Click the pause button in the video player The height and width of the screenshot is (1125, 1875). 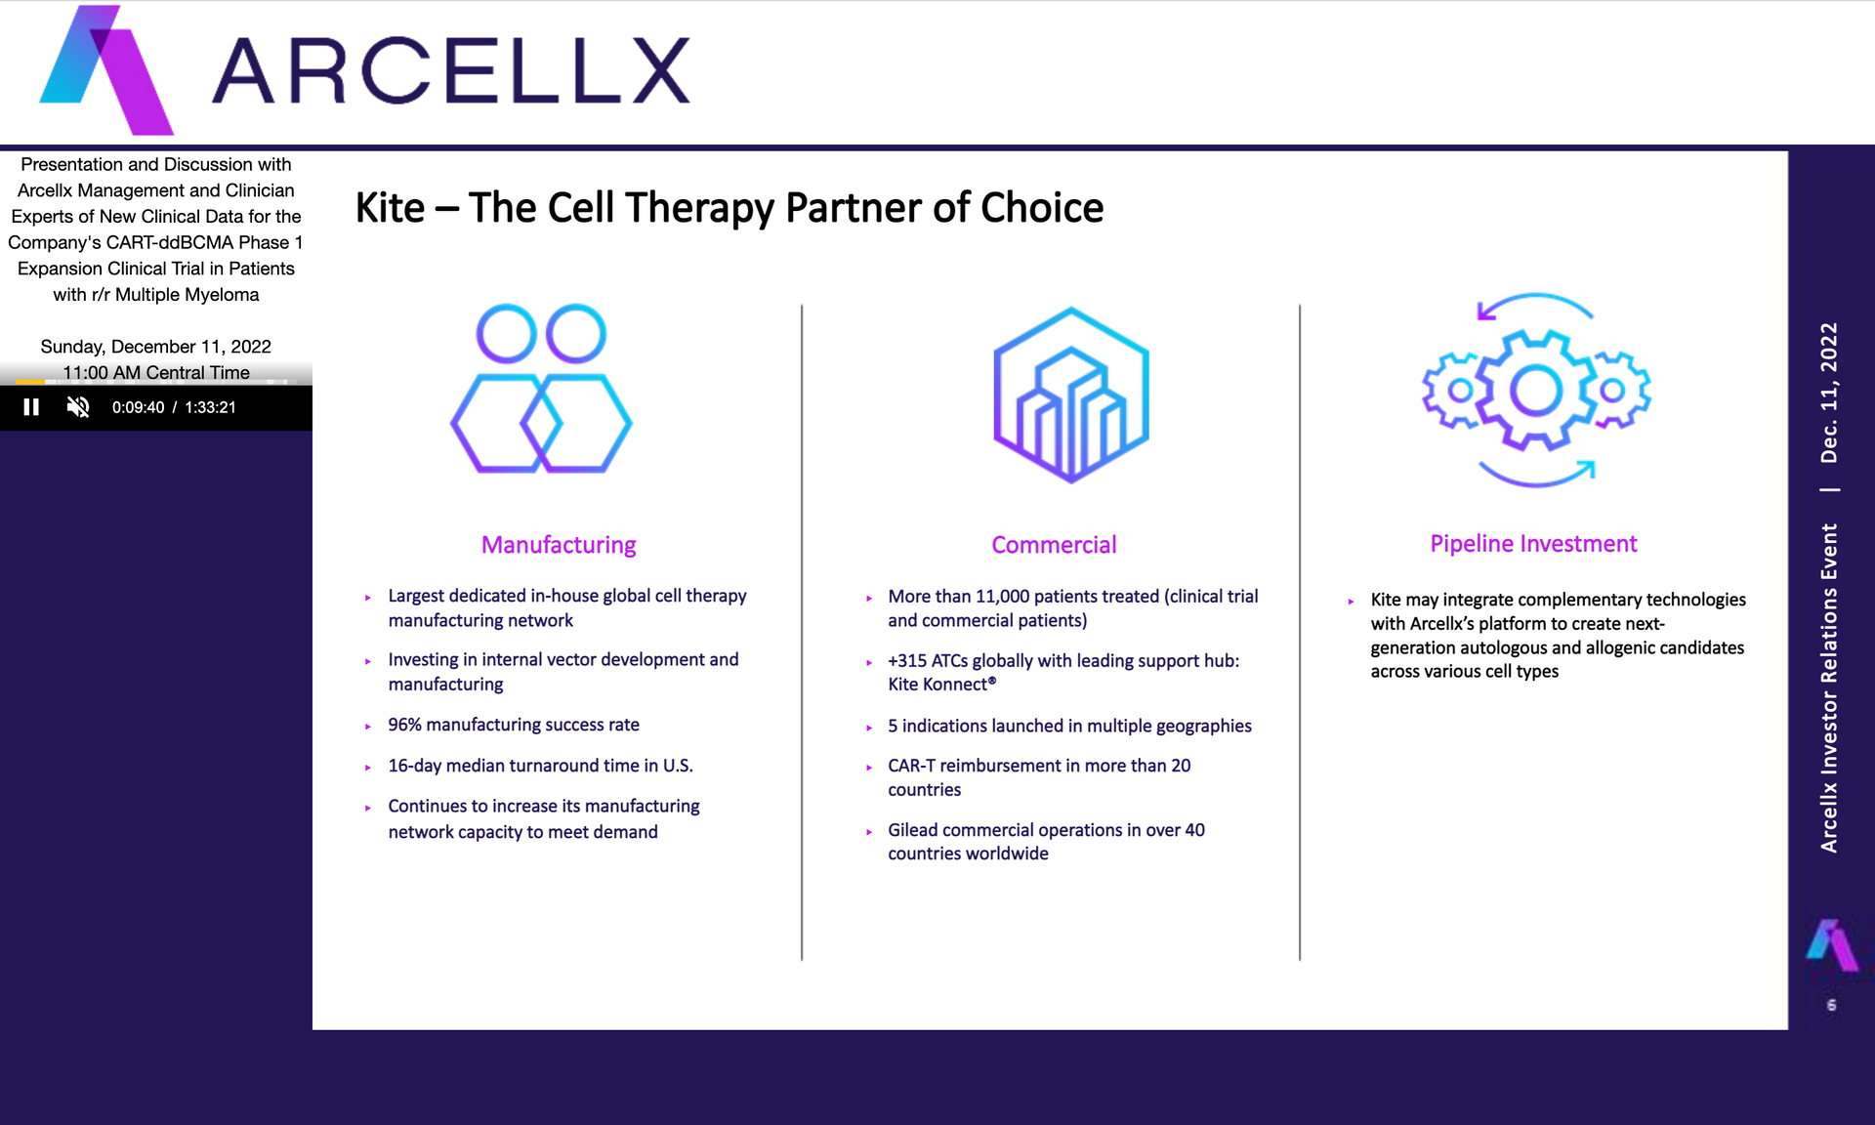[x=31, y=407]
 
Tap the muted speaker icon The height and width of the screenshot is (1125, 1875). [x=78, y=407]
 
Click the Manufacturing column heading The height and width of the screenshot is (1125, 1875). [x=559, y=545]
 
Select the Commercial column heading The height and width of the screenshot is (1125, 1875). [x=1054, y=545]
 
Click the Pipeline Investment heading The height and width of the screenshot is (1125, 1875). [x=1533, y=544]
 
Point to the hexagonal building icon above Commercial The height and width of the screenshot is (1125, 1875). [x=1071, y=395]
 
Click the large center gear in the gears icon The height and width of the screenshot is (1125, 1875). [x=1536, y=391]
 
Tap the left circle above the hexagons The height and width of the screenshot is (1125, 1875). [x=506, y=334]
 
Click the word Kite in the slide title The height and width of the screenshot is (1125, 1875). [x=390, y=208]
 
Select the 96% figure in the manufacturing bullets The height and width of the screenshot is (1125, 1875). [x=404, y=725]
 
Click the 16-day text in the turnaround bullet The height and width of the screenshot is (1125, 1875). [x=414, y=766]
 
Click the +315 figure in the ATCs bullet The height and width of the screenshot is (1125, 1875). [x=908, y=661]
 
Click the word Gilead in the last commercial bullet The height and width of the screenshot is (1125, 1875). [x=912, y=830]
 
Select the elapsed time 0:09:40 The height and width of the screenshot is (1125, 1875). [x=138, y=407]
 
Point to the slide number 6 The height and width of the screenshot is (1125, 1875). [x=1831, y=1005]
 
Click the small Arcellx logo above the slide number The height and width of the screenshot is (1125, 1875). [x=1831, y=944]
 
